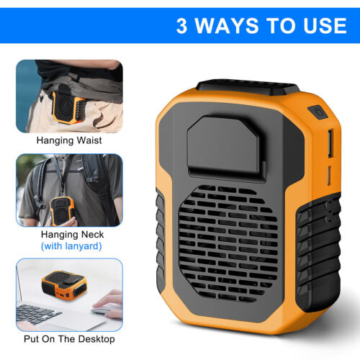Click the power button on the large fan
pyautogui.click(x=318, y=112)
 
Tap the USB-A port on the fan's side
pyautogui.click(x=330, y=143)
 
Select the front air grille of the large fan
pyautogui.click(x=228, y=243)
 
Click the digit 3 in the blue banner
pyautogui.click(x=181, y=26)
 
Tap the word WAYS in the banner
pyautogui.click(x=227, y=26)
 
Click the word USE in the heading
pyautogui.click(x=325, y=26)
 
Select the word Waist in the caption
pyautogui.click(x=89, y=140)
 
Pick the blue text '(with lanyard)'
pyautogui.click(x=71, y=246)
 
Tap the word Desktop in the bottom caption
pyautogui.click(x=96, y=339)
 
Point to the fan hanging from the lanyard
pyautogui.click(x=62, y=211)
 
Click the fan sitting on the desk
pyautogui.click(x=64, y=285)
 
